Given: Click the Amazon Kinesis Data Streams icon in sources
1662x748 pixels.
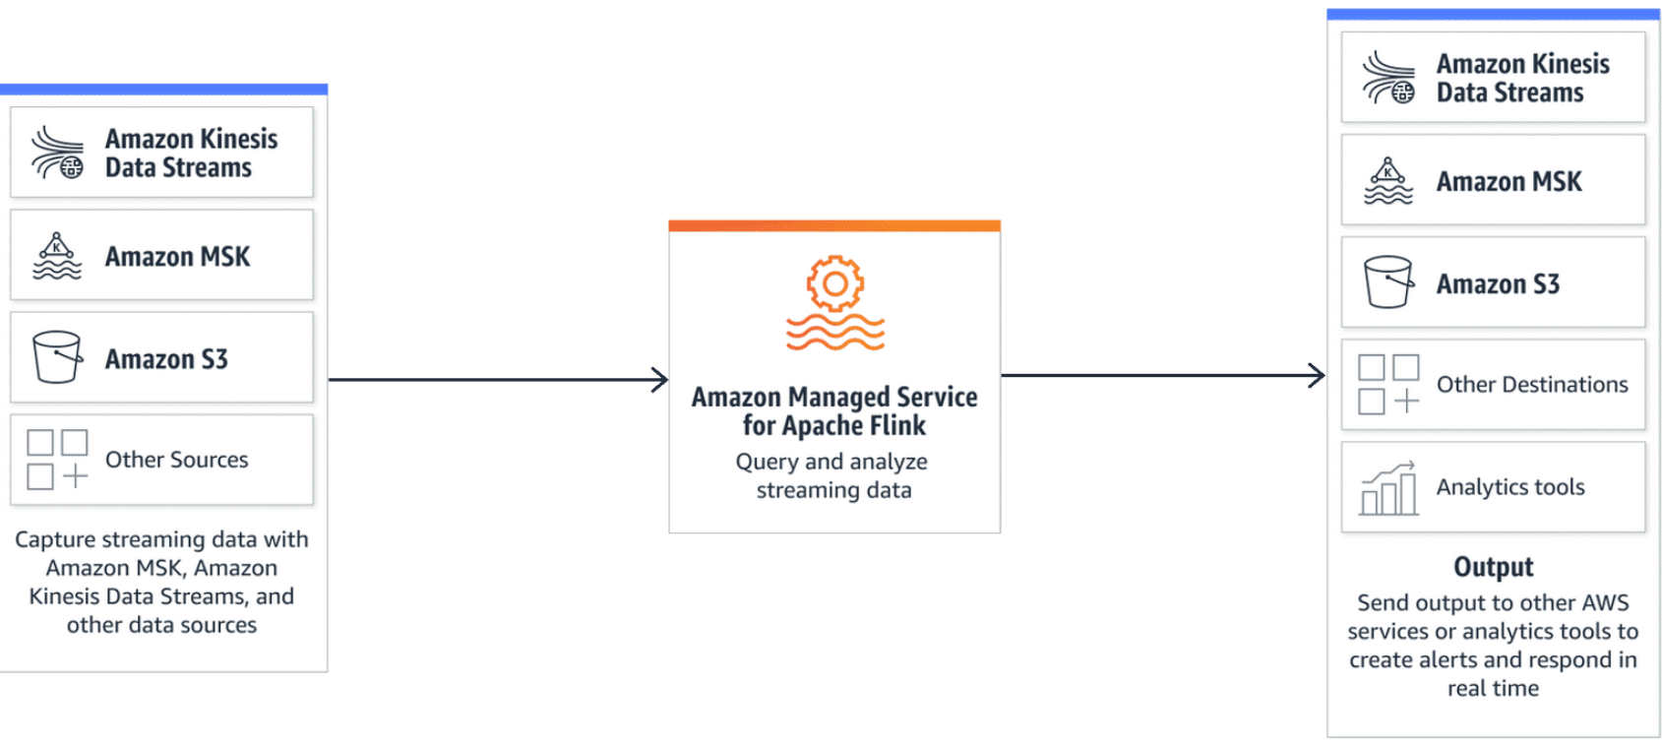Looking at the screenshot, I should pos(57,153).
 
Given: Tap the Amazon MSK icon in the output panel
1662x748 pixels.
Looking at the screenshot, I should pos(1388,181).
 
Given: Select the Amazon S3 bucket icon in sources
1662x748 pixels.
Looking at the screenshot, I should pos(57,357).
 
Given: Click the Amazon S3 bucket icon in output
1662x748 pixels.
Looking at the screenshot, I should pos(1388,282).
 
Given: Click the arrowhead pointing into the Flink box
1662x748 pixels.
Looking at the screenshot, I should pos(660,379).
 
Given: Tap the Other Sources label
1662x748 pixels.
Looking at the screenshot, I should pos(177,460).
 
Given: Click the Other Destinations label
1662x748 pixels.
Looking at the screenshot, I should pos(1532,385).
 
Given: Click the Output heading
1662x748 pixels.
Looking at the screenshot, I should pos(1493,567).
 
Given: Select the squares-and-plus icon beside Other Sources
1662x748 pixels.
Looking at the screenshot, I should pos(57,460).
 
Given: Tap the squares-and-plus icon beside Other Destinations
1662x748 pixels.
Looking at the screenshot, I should pos(1388,385).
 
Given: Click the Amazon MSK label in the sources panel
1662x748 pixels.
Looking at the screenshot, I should pos(178,257).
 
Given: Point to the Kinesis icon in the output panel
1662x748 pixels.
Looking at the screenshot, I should pos(1388,78).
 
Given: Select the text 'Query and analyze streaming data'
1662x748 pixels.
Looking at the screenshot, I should pos(833,475).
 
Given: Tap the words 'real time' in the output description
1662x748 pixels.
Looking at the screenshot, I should pos(1493,688).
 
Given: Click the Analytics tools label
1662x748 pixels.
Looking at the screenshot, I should pos(1510,487).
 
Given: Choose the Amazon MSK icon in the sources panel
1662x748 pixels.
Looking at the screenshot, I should pos(57,256).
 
